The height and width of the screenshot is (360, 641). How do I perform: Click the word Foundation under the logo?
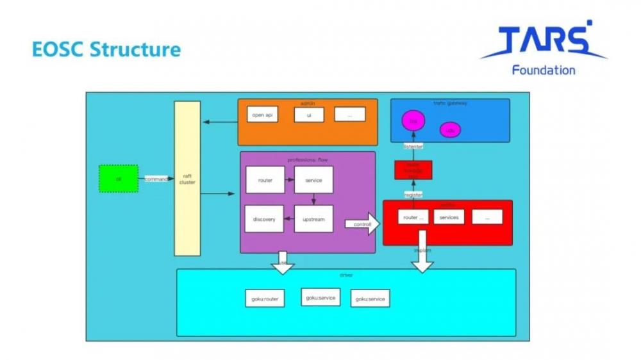544,70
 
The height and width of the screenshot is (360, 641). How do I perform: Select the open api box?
262,115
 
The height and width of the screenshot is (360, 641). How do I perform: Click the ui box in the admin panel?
309,115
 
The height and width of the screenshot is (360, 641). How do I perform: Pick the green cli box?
119,178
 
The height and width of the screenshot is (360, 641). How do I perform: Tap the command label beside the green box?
156,179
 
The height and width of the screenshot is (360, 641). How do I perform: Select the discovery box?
264,219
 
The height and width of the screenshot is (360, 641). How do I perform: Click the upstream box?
313,219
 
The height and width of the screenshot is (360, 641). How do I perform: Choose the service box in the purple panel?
313,180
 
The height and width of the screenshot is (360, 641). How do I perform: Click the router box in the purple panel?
265,180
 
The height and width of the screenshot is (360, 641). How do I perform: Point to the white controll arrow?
363,224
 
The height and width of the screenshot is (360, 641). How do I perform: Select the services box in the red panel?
449,217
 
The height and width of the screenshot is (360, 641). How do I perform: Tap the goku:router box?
264,299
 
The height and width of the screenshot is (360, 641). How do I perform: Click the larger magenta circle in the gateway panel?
413,120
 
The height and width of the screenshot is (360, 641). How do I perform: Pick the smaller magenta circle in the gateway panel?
450,130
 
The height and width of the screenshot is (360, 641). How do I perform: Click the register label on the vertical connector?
413,194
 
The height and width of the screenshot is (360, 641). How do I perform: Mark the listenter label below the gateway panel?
413,147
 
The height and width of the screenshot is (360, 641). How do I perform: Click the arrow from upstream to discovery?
289,219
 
